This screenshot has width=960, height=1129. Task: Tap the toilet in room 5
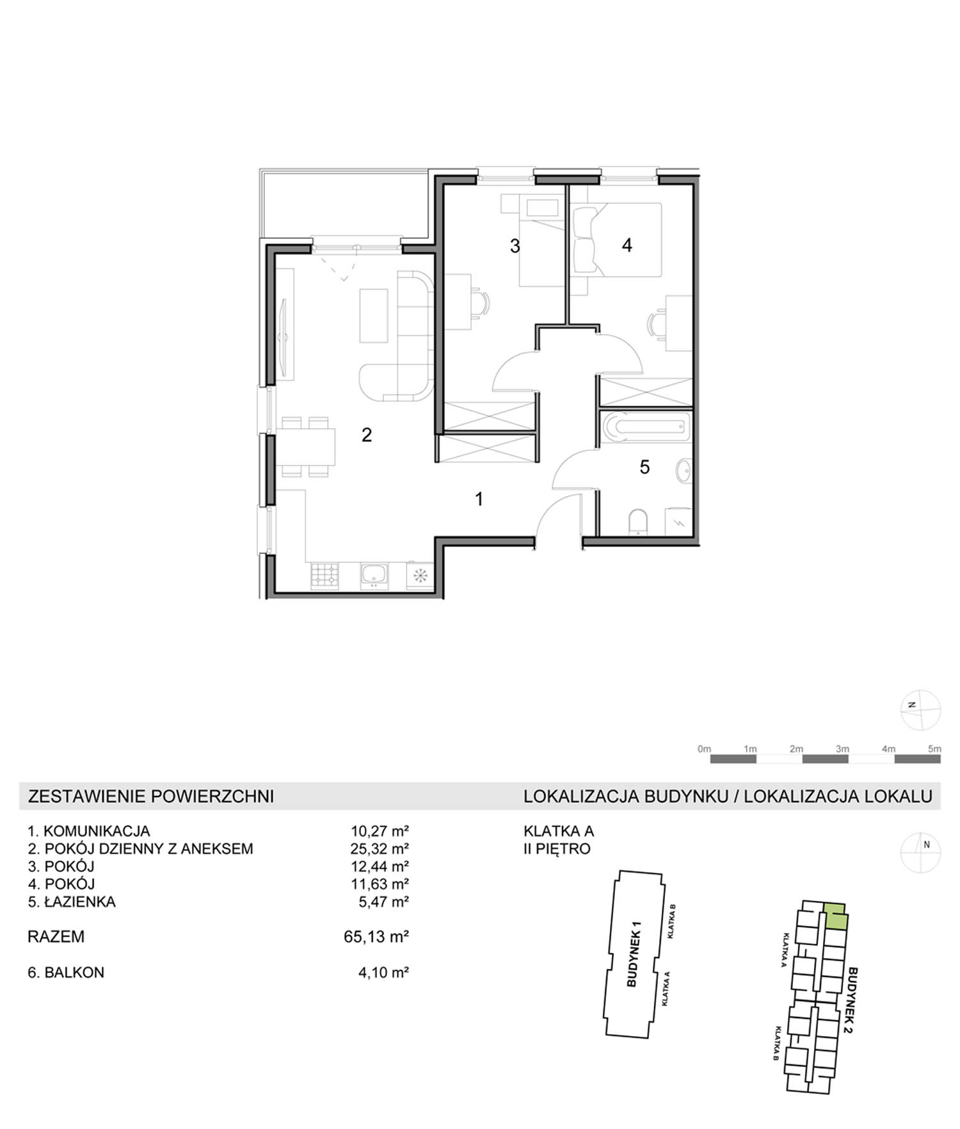tap(638, 522)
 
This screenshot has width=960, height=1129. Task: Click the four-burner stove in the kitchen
tap(324, 576)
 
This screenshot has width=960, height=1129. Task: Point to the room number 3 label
tap(515, 246)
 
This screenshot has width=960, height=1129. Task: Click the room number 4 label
tap(627, 245)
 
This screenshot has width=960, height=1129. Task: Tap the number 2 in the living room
tap(367, 435)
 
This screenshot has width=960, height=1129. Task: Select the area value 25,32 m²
tap(380, 849)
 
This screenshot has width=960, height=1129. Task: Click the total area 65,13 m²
tap(376, 936)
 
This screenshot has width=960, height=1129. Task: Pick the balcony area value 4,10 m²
tap(383, 972)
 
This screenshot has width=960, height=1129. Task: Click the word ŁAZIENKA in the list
tap(80, 902)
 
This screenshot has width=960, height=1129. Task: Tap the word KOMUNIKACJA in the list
tap(97, 831)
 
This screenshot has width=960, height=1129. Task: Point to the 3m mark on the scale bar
tap(842, 749)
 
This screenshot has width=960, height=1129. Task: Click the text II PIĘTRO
tap(557, 849)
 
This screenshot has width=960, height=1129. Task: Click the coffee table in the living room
tap(374, 316)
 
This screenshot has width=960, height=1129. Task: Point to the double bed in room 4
tap(616, 240)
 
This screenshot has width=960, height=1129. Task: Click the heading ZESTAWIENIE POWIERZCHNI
tap(151, 796)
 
